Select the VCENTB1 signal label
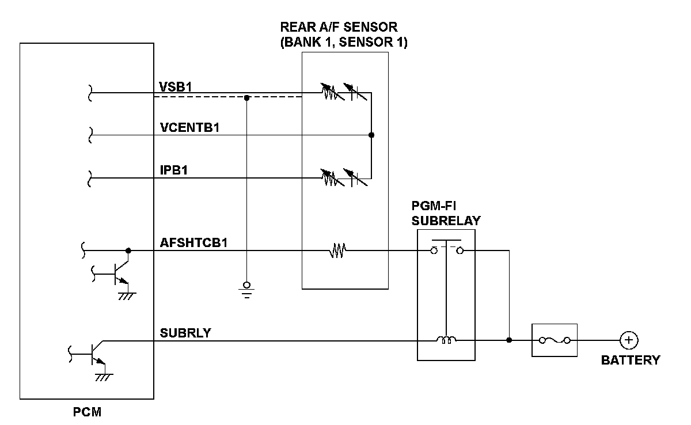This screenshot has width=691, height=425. [x=189, y=128]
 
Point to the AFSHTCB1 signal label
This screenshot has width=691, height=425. [x=193, y=243]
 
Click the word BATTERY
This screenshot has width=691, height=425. [x=630, y=361]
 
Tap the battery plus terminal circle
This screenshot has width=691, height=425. [x=629, y=340]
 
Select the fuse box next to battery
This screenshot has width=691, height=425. [x=554, y=340]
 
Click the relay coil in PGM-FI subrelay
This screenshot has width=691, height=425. [x=446, y=340]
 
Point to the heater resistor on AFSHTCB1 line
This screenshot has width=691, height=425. [x=337, y=251]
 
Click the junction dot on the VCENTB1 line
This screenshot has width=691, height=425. [x=371, y=135]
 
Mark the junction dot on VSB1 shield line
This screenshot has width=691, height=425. [x=246, y=97]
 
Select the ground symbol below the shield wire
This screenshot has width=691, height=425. [x=246, y=288]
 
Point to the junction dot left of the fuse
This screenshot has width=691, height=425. [x=509, y=340]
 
